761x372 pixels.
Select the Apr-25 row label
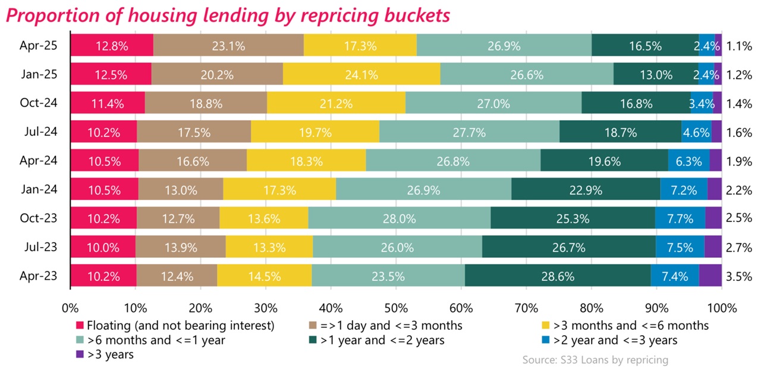tap(38, 45)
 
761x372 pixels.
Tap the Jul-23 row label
tap(39, 247)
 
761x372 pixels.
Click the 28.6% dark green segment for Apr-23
tap(558, 276)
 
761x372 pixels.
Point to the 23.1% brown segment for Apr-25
tap(228, 45)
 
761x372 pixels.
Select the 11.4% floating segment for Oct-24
tap(108, 104)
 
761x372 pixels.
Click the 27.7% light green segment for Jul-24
tap(469, 132)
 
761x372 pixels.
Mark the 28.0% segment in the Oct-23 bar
tap(399, 218)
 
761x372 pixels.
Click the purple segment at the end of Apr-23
tap(710, 276)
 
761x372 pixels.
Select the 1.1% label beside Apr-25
tap(737, 45)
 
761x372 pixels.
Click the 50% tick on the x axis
tap(396, 308)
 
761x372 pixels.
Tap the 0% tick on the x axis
tap(71, 308)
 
